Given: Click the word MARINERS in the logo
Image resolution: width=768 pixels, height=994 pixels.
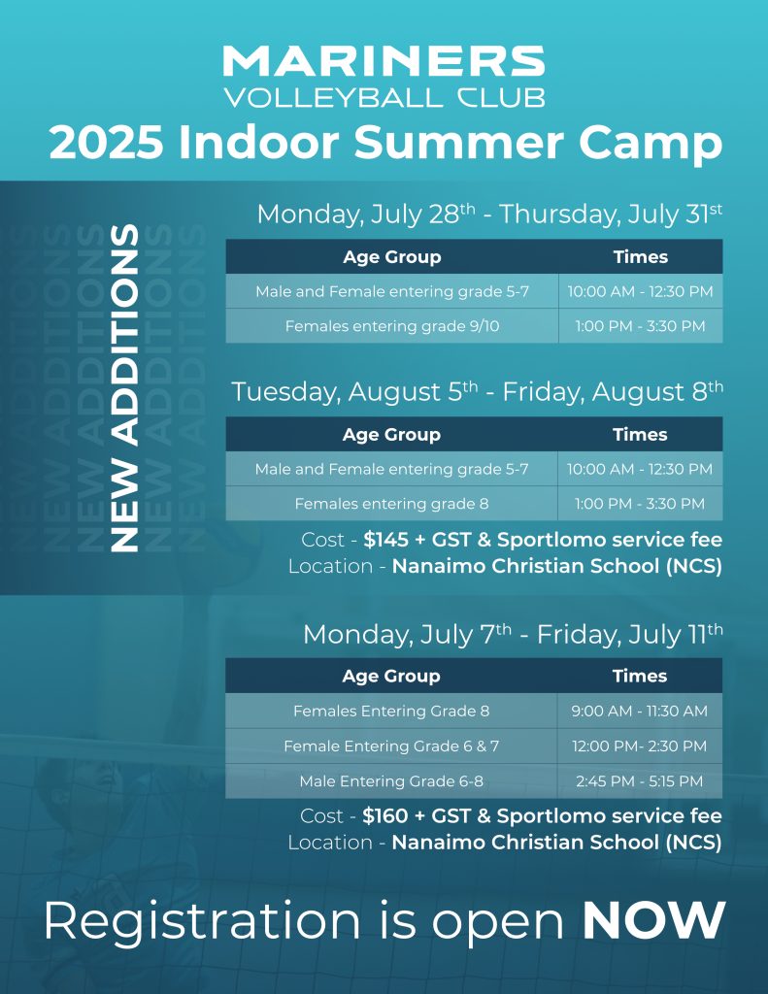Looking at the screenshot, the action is tap(384, 61).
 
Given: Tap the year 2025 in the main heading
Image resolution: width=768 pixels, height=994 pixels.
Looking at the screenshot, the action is tap(105, 142).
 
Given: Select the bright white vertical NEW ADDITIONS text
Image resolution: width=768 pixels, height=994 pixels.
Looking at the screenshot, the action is tap(124, 388).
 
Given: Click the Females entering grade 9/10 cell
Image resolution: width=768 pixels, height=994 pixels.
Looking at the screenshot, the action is tap(392, 326).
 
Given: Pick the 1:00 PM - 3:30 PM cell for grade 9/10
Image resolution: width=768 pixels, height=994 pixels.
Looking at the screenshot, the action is tap(640, 326).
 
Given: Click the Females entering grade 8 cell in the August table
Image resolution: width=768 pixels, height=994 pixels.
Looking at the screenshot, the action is tap(391, 504).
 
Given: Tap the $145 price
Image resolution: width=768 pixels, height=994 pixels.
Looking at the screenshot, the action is tap(386, 540).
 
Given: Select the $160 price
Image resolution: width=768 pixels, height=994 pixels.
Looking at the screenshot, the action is tap(384, 815).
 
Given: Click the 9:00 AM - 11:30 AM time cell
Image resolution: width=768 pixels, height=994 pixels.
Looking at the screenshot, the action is tap(639, 711).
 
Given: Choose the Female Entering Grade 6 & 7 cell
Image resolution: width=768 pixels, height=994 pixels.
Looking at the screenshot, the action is tap(391, 745).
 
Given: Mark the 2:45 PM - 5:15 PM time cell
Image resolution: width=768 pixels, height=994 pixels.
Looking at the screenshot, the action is tap(639, 781).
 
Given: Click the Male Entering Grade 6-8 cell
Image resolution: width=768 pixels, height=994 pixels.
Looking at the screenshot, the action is tap(391, 781).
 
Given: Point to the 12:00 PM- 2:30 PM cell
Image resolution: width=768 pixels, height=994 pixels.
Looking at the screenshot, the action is tap(639, 745).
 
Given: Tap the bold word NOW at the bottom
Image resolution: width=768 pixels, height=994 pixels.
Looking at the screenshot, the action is tap(653, 920).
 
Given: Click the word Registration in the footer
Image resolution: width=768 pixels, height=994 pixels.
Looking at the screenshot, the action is tap(202, 922).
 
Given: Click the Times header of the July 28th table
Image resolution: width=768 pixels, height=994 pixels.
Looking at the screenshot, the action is tap(641, 256).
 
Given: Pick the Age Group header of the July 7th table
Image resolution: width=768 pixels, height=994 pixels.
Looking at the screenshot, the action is tap(391, 676).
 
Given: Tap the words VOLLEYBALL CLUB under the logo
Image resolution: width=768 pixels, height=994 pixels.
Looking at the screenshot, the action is tap(384, 98).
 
